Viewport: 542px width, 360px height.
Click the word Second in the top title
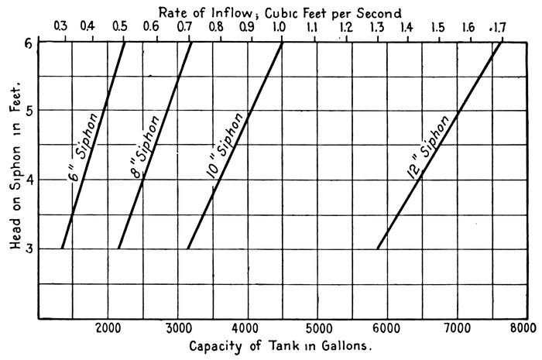pyautogui.click(x=379, y=12)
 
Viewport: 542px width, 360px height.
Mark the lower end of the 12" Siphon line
pyautogui.click(x=377, y=249)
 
